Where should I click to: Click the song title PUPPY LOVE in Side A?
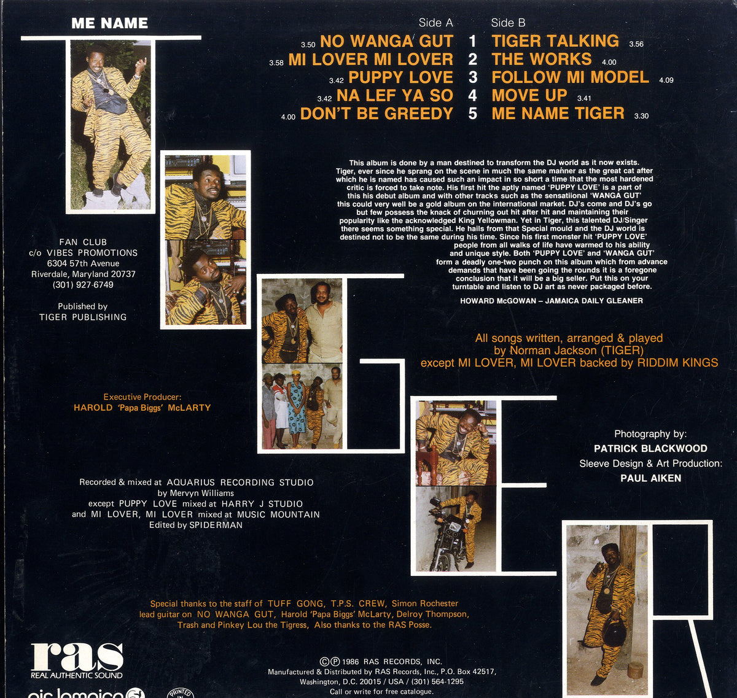(400, 77)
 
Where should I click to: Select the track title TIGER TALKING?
(555, 41)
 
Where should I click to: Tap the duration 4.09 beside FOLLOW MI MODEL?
(666, 80)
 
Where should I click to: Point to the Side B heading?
(508, 23)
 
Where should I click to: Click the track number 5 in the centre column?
(473, 114)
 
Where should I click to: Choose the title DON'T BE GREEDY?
(376, 114)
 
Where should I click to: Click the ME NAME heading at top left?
(109, 23)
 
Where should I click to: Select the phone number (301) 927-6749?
(83, 284)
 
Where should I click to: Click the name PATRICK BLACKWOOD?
(650, 448)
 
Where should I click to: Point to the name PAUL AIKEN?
(651, 478)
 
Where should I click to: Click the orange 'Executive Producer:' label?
(142, 397)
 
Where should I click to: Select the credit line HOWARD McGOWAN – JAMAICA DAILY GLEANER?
(552, 301)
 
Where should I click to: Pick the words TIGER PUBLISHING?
(83, 317)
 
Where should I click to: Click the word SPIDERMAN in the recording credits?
(216, 525)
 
